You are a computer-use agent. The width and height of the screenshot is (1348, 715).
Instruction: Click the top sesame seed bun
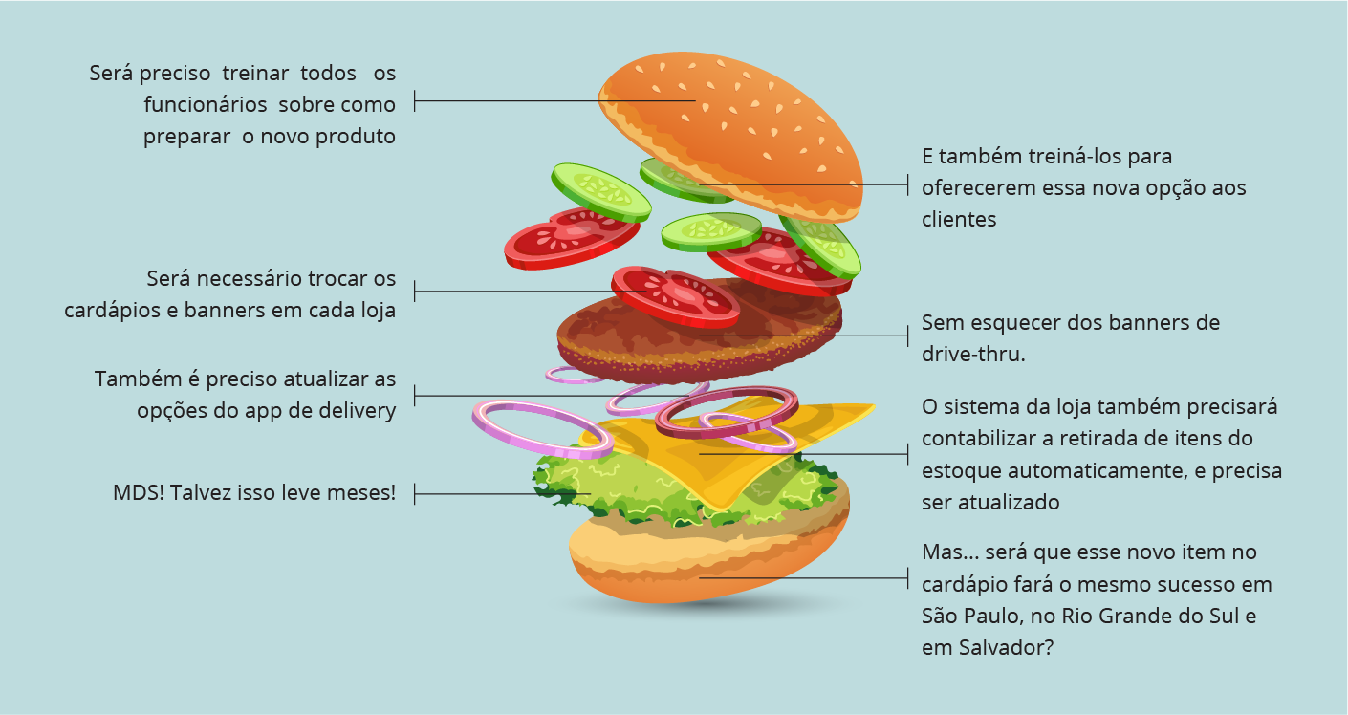pyautogui.click(x=731, y=136)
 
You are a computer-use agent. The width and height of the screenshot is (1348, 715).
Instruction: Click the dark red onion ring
pyautogui.click(x=727, y=411)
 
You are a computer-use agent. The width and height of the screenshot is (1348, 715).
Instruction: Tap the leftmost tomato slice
pyautogui.click(x=571, y=238)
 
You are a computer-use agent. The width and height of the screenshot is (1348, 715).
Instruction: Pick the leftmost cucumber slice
pyautogui.click(x=600, y=192)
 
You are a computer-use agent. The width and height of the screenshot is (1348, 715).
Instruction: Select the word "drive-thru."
pyautogui.click(x=973, y=355)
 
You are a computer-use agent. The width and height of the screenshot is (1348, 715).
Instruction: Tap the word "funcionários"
pyautogui.click(x=206, y=105)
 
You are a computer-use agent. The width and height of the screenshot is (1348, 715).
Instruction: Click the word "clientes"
pyautogui.click(x=959, y=220)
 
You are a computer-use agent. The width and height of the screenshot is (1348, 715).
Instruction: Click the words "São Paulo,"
pyautogui.click(x=973, y=617)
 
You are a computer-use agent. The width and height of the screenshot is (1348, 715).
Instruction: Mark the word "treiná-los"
pyautogui.click(x=1075, y=157)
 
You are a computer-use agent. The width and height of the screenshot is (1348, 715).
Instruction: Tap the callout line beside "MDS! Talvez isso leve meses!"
pyautogui.click(x=503, y=494)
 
